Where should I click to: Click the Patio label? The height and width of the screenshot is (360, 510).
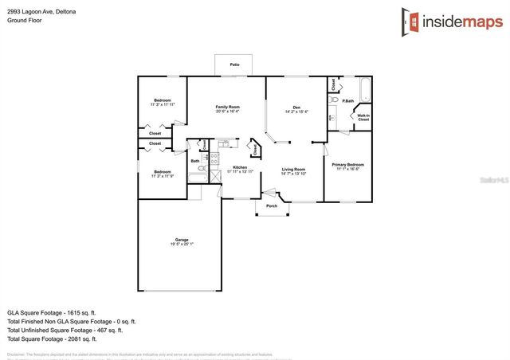point(234,65)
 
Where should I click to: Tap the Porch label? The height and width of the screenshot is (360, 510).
point(272,205)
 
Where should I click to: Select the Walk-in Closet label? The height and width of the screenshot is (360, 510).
point(363,117)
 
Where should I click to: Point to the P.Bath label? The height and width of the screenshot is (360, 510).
point(348,100)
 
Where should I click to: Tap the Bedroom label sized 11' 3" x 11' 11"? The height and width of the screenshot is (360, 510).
point(163,102)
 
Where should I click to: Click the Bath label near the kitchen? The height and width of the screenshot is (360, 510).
point(195,161)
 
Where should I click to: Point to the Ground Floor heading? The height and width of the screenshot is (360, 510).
point(24,21)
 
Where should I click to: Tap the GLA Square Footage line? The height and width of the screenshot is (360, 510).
point(51,312)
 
